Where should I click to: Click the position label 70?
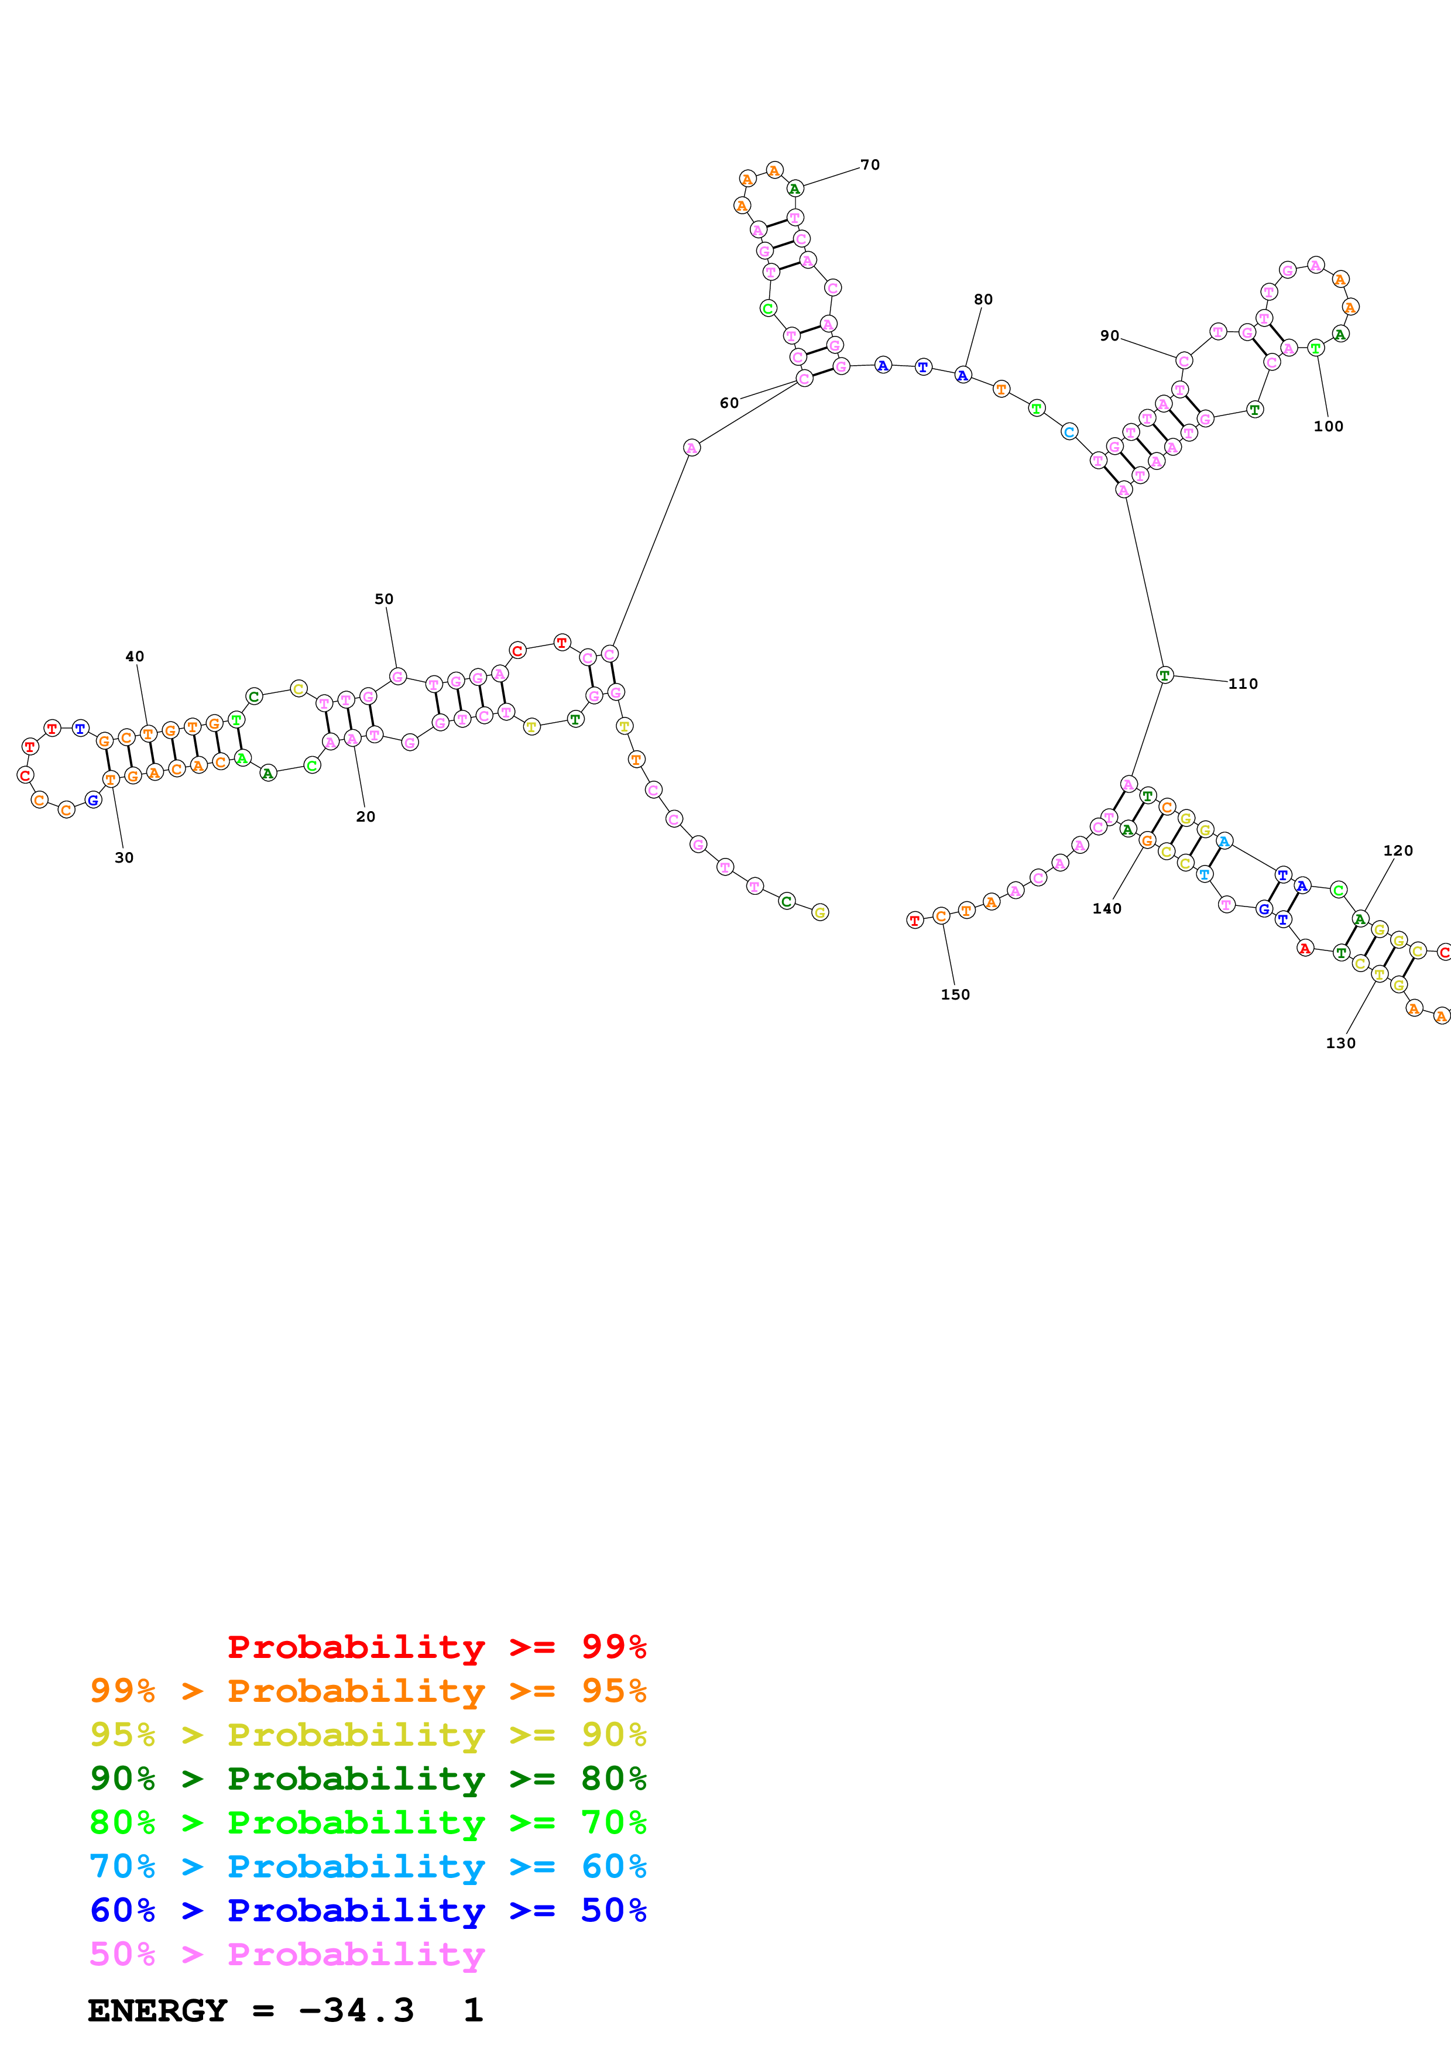pyautogui.click(x=870, y=164)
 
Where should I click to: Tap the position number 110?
pyautogui.click(x=1243, y=684)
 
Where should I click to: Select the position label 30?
pyautogui.click(x=124, y=857)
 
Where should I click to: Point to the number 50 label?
pyautogui.click(x=383, y=599)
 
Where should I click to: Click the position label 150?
pyautogui.click(x=955, y=994)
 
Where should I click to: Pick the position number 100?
pyautogui.click(x=1329, y=427)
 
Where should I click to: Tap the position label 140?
pyautogui.click(x=1107, y=908)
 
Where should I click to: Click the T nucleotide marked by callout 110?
pyautogui.click(x=1164, y=675)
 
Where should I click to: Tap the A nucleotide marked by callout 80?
pyautogui.click(x=963, y=375)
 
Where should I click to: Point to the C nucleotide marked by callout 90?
pyautogui.click(x=1184, y=361)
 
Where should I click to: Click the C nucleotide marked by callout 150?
pyautogui.click(x=941, y=916)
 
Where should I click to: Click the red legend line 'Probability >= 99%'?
pyautogui.click(x=436, y=1646)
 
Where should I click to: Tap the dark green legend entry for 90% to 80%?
pyautogui.click(x=368, y=1779)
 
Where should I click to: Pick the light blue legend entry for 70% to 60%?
pyautogui.click(x=368, y=1866)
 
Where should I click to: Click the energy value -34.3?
pyautogui.click(x=356, y=2010)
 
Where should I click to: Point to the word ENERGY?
pyautogui.click(x=157, y=2010)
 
